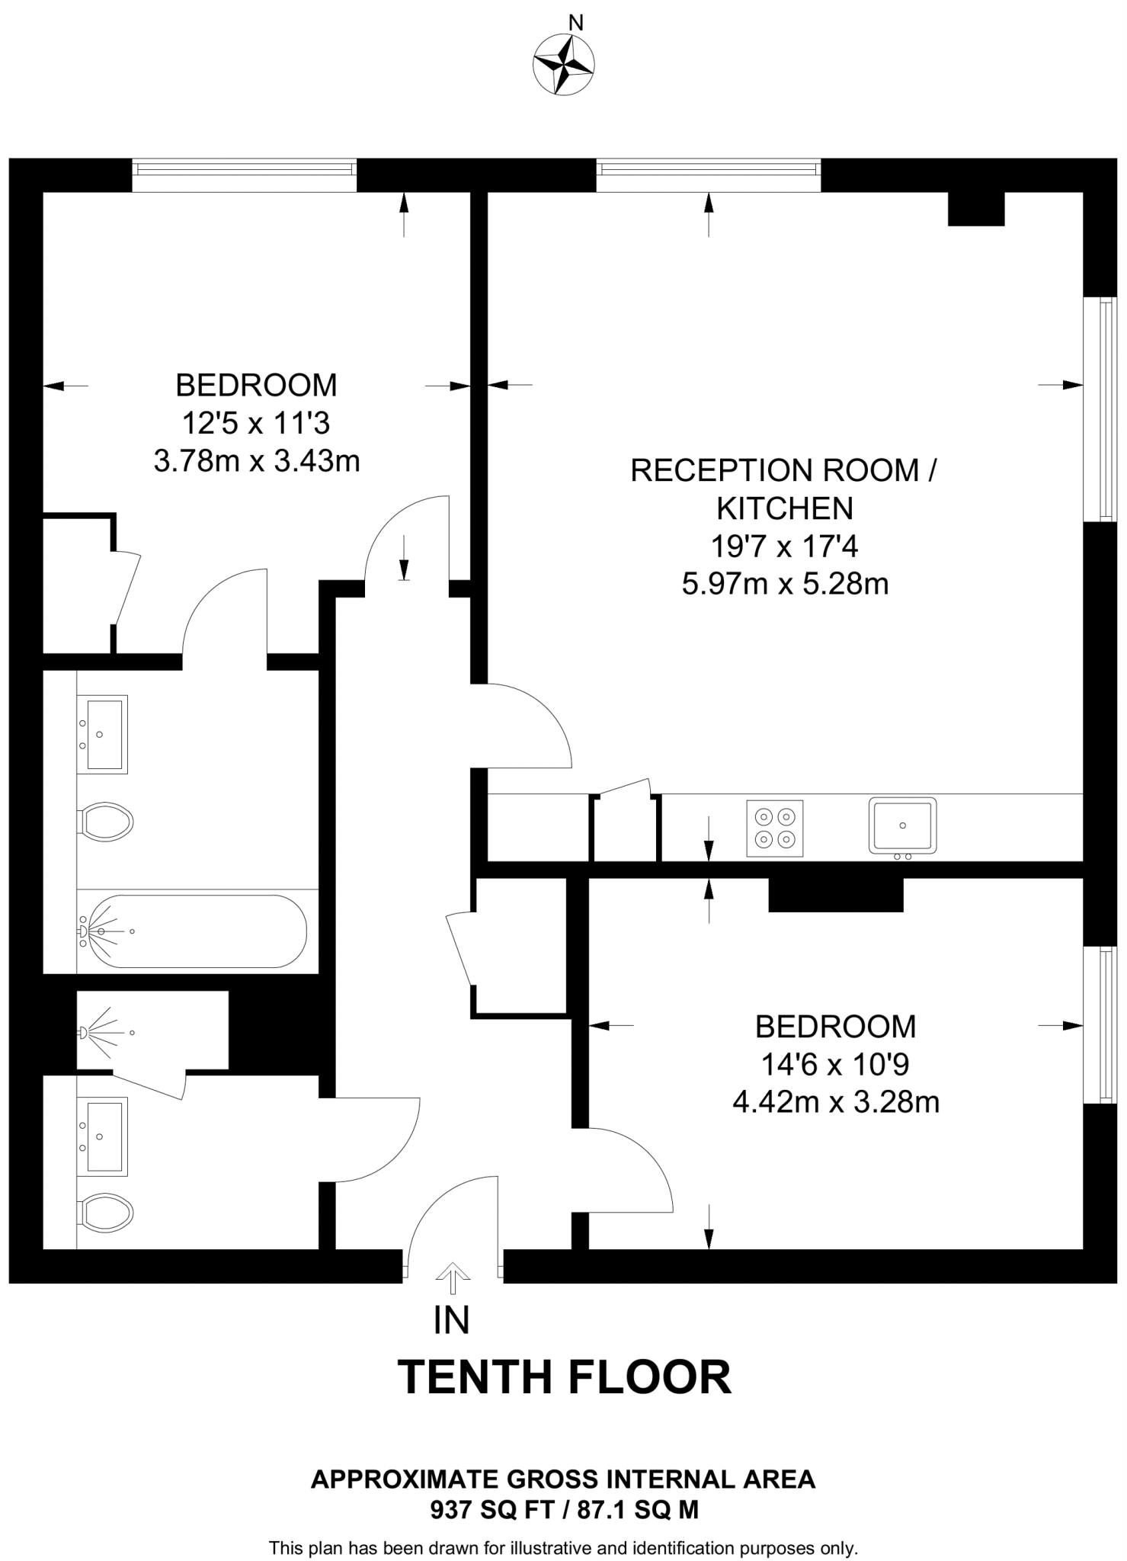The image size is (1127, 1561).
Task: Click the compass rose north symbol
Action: click(x=564, y=64)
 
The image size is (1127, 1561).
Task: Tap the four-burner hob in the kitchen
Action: click(x=774, y=828)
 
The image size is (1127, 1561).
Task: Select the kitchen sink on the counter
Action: click(x=902, y=825)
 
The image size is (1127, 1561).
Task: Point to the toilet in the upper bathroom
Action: click(x=106, y=822)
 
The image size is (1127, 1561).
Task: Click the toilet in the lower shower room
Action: click(x=106, y=1211)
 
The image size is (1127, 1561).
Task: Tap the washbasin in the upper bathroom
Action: click(x=103, y=734)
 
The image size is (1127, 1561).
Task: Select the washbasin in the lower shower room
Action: click(x=103, y=1136)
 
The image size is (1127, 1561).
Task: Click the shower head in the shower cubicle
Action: click(x=84, y=1033)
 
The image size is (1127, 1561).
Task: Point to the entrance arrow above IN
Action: click(x=453, y=1278)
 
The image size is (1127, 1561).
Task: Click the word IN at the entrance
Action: click(x=451, y=1320)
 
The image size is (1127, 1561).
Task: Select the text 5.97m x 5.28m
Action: click(x=785, y=585)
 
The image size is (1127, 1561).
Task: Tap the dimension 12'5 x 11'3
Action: click(x=256, y=422)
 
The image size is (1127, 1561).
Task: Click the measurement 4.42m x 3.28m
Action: click(x=835, y=1101)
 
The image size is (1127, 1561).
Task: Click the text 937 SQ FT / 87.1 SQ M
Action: click(x=564, y=1509)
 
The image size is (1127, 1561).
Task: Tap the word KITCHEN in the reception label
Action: click(x=785, y=508)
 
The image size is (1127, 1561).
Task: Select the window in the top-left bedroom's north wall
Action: click(x=244, y=175)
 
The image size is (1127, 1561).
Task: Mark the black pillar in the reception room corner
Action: click(x=975, y=209)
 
